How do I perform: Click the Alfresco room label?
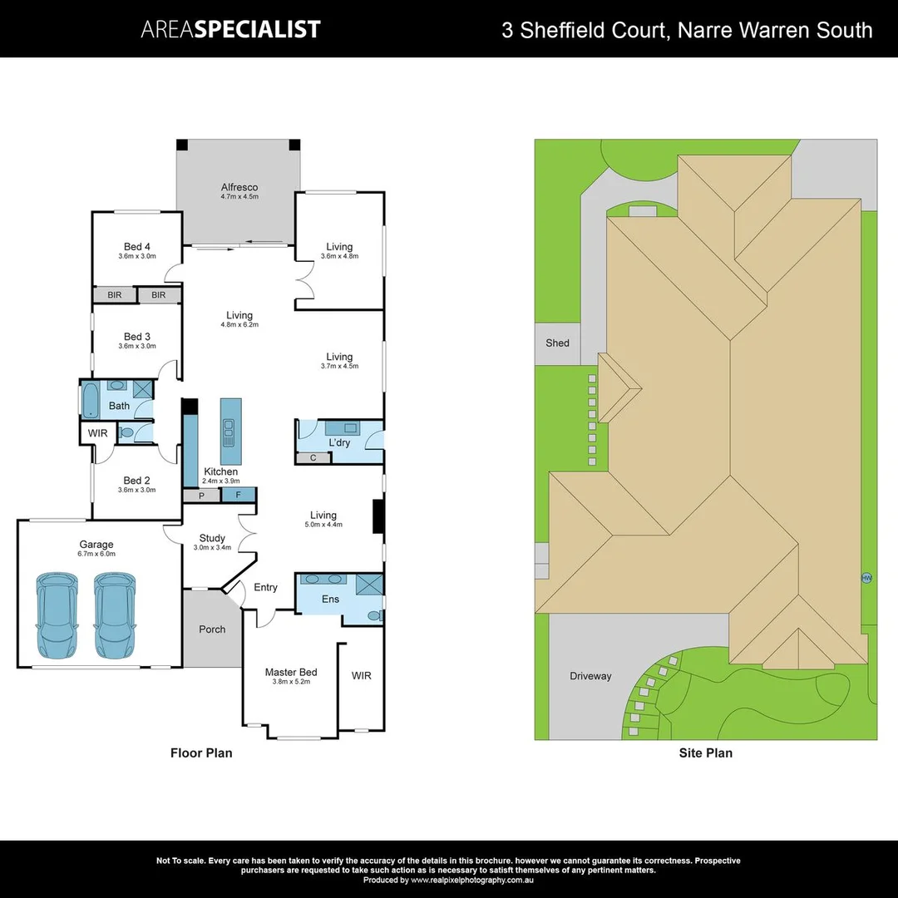[x=239, y=187]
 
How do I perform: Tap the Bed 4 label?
[x=137, y=246]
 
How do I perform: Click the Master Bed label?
[x=291, y=672]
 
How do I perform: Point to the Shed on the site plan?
[x=557, y=343]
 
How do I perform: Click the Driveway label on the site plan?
[x=590, y=676]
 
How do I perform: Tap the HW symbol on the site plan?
[x=866, y=578]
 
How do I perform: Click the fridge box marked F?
[x=238, y=495]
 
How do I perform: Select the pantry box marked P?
[x=201, y=496]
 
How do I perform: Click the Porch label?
[x=212, y=629]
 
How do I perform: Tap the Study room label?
[x=212, y=538]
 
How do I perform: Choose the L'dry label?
[x=339, y=442]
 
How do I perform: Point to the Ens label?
[x=330, y=599]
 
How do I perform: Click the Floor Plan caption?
[x=201, y=753]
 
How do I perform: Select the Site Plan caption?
[x=706, y=753]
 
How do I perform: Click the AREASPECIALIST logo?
[x=230, y=30]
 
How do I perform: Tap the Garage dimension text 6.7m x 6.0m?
[x=96, y=554]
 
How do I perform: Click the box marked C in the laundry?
[x=313, y=457]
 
